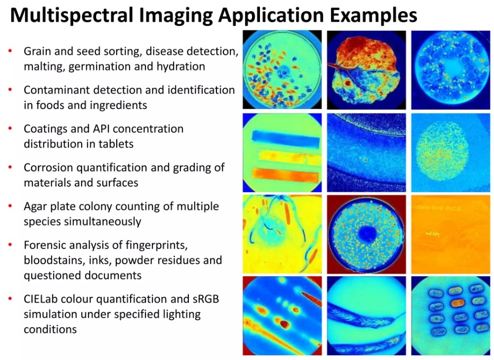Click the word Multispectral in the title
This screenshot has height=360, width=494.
pos(72,15)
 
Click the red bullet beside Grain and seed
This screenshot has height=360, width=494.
pos(11,50)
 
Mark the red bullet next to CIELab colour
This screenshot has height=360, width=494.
pos(11,298)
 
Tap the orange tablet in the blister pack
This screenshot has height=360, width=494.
pos(457,303)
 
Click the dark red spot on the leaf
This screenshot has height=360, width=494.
pos(348,83)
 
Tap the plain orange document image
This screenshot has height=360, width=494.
pos(450,234)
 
